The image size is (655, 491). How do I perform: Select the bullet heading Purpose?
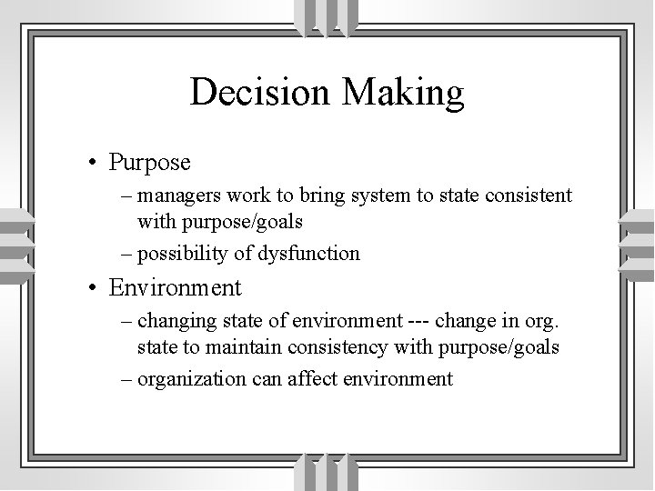pos(149,164)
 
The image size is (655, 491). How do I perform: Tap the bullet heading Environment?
pos(175,289)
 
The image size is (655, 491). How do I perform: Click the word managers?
pos(179,195)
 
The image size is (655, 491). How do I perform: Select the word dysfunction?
pos(309,253)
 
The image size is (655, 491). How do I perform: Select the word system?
pos(388,195)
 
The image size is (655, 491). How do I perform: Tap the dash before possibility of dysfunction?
pos(124,253)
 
